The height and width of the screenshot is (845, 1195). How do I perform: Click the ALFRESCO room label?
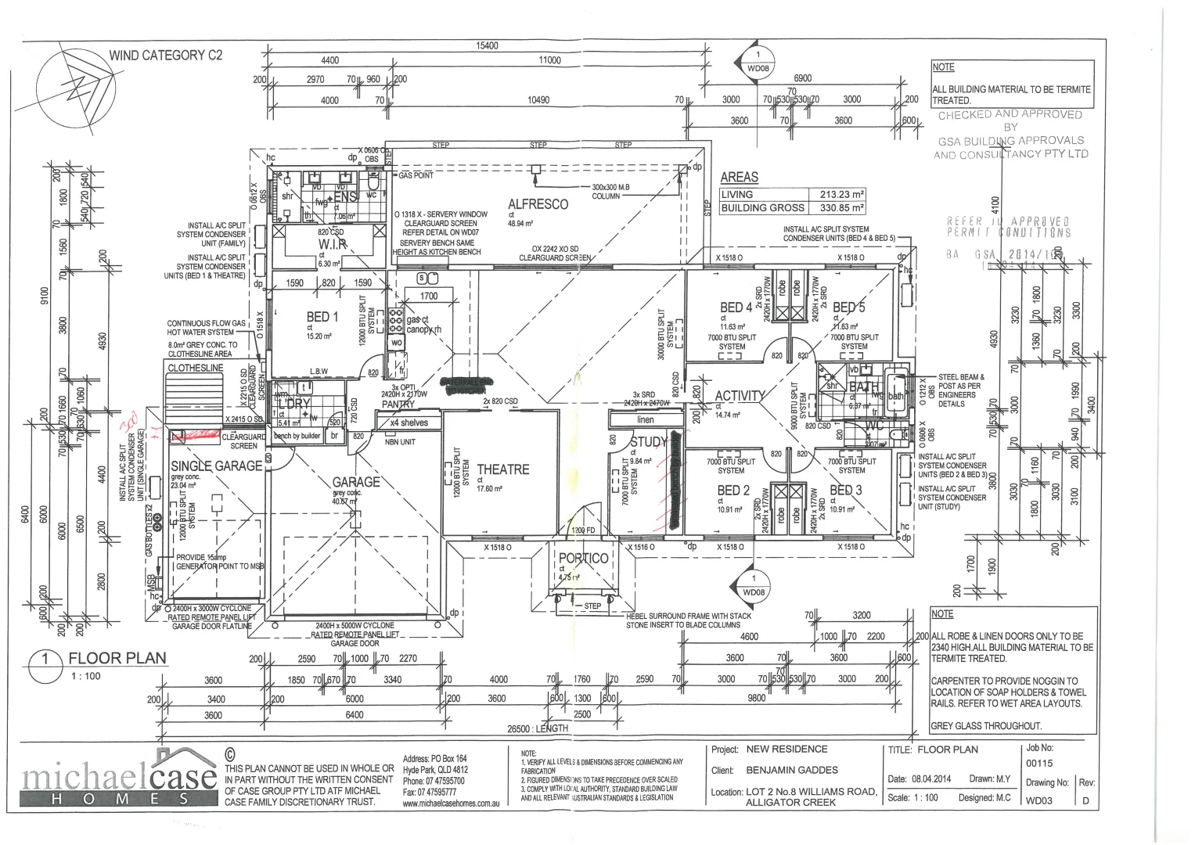tap(538, 204)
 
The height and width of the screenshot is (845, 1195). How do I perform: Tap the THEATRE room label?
tap(502, 469)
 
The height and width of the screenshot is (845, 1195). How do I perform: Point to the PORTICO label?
tap(583, 559)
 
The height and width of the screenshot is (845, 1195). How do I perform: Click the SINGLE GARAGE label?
tap(217, 466)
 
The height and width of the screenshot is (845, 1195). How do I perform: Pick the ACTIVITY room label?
tap(739, 396)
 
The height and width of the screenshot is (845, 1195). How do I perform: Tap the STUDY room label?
tap(648, 443)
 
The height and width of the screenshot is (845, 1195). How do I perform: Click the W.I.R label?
tap(333, 245)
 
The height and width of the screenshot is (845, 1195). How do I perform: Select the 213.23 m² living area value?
tap(841, 195)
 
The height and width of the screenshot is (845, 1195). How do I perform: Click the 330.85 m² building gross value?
tap(841, 208)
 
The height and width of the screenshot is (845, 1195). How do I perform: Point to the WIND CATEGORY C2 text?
tap(165, 56)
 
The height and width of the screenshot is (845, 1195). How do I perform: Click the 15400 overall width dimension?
tap(487, 46)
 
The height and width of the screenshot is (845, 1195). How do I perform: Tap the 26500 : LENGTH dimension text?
tap(538, 729)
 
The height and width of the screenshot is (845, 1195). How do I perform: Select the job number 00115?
tap(1039, 763)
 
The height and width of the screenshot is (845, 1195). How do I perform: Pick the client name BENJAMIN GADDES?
tap(792, 770)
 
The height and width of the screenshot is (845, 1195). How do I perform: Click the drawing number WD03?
tap(1039, 800)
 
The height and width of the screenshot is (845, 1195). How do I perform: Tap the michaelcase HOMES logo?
tap(119, 778)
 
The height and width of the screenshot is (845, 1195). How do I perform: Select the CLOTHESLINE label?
tap(196, 368)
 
